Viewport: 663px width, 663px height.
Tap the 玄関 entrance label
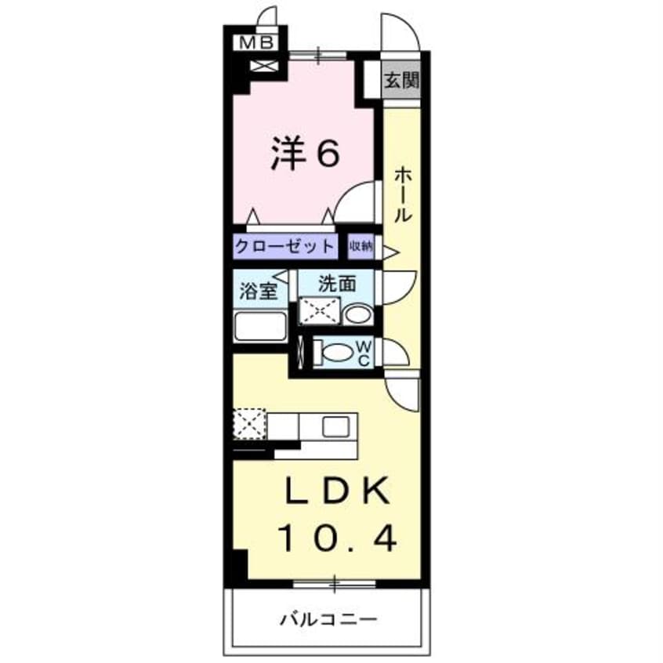coord(401,80)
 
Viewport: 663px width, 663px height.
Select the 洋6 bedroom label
coord(306,154)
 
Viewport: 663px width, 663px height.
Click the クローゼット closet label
coord(284,246)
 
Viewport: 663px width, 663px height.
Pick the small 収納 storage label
coord(361,246)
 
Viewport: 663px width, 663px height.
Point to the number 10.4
coord(338,538)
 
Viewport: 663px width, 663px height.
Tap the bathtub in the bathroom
coord(260,326)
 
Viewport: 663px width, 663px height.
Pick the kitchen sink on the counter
coord(335,426)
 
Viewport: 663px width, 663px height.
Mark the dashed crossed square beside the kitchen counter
coord(249,425)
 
